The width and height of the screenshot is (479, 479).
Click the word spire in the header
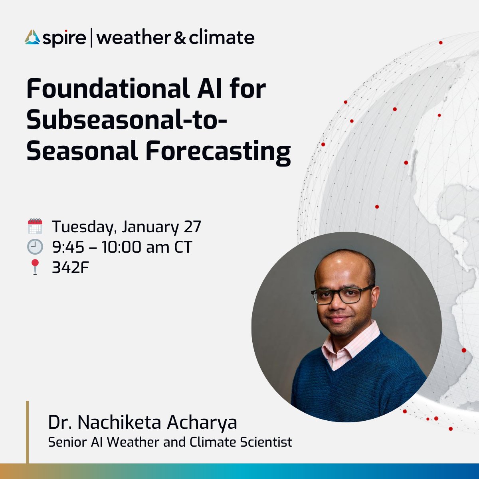(x=64, y=39)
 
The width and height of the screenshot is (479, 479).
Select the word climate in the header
(x=222, y=38)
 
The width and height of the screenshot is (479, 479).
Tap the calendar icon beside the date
(x=35, y=226)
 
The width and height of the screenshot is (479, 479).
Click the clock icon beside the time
(x=35, y=247)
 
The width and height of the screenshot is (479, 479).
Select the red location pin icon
(x=35, y=267)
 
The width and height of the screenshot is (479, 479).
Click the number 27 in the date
(x=192, y=226)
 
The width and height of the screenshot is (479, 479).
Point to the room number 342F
(x=70, y=267)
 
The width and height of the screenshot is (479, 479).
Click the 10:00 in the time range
(x=121, y=247)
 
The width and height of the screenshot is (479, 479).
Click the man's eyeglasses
(x=342, y=295)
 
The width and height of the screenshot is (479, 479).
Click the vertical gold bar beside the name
(x=28, y=432)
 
